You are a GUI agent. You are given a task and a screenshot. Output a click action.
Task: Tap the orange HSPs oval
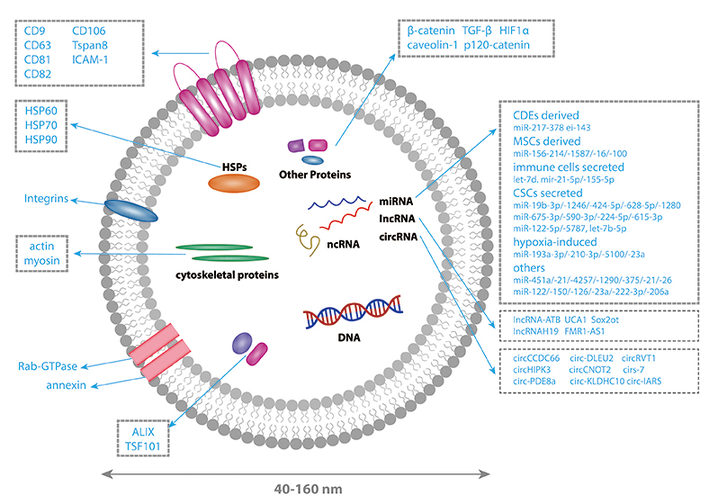pos(235,184)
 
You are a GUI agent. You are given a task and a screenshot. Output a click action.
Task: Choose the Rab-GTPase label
pos(47,366)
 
